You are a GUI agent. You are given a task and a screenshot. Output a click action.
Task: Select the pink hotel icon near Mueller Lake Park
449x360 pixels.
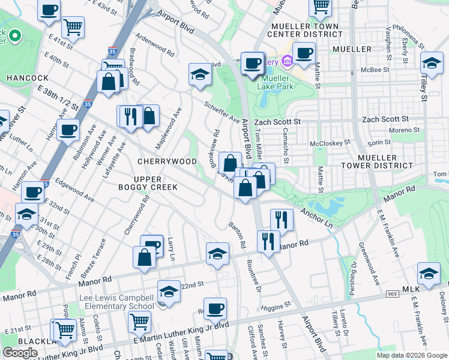pyautogui.click(x=287, y=61)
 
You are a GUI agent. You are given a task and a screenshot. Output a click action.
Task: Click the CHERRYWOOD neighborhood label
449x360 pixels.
pyautogui.click(x=167, y=162)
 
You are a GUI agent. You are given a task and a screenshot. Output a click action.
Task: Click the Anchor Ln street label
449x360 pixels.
pyautogui.click(x=316, y=217)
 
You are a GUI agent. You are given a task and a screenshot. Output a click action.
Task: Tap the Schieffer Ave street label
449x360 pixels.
pyautogui.click(x=221, y=112)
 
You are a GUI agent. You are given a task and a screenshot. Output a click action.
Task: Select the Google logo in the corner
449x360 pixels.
pyautogui.click(x=20, y=353)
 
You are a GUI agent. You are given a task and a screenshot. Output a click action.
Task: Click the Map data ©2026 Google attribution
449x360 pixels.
pyautogui.click(x=411, y=355)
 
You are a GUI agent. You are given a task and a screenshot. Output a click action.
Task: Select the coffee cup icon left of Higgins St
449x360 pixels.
pyautogui.click(x=215, y=310)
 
